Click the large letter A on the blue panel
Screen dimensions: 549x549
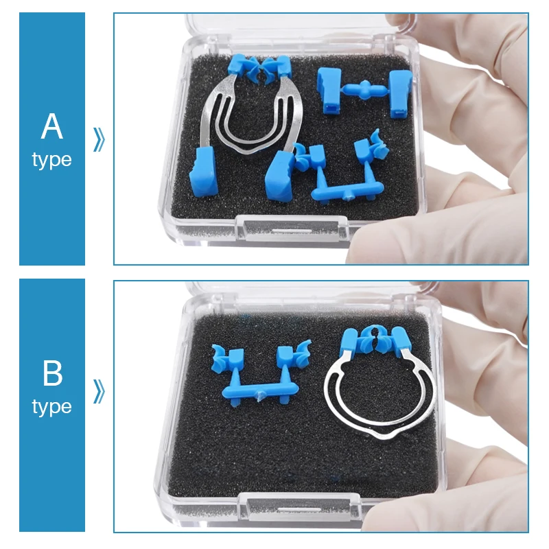tap(52, 126)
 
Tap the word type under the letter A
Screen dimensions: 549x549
tap(52, 161)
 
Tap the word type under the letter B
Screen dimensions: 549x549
tap(52, 407)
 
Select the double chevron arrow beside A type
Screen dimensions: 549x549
tap(99, 139)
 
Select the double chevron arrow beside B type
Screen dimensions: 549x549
tap(99, 391)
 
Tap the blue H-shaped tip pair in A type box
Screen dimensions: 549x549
tap(365, 91)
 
